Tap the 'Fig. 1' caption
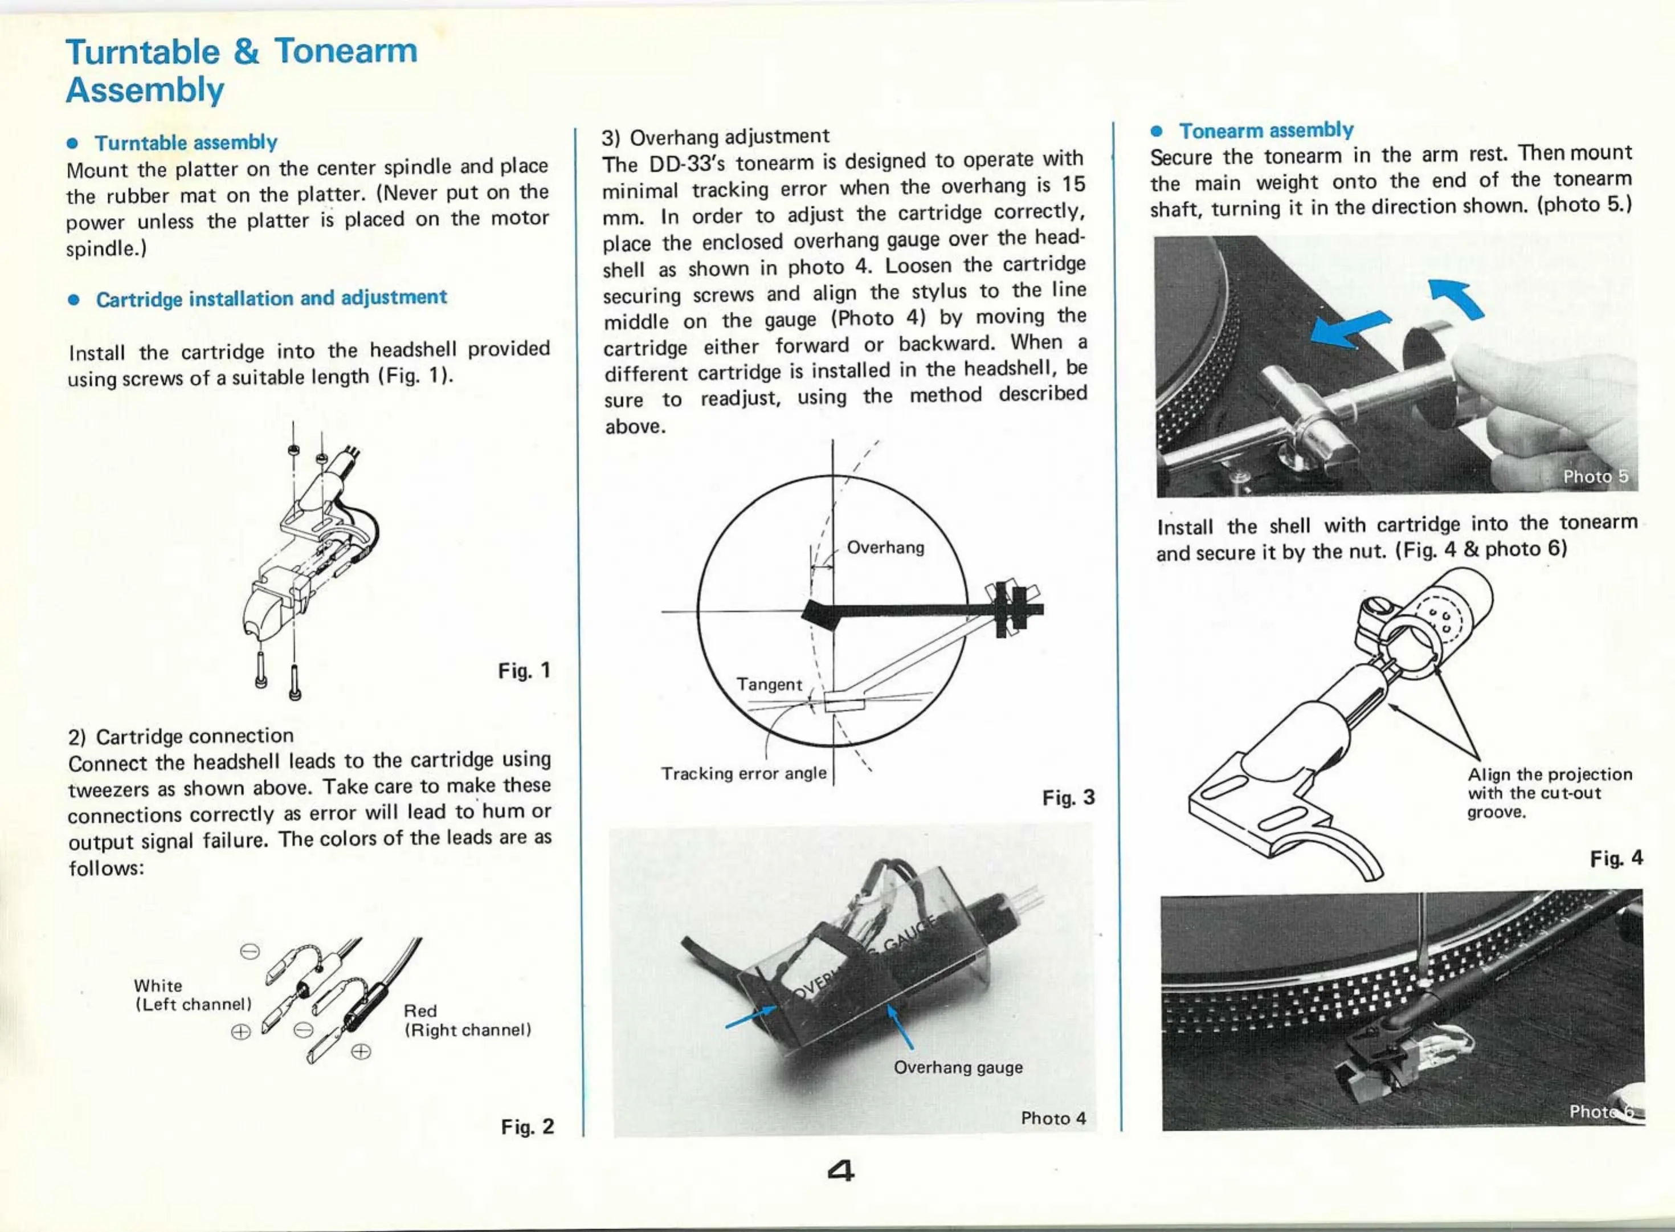tap(524, 671)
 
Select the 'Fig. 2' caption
tap(527, 1126)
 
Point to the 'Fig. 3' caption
tap(1068, 798)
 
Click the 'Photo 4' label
tap(1052, 1118)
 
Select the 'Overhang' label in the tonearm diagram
tap(885, 548)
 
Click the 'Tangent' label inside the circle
tap(769, 684)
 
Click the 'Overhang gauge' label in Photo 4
tap(958, 1067)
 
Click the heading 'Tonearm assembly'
tap(1266, 130)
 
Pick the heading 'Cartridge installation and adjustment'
tap(271, 298)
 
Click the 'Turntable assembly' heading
tap(186, 142)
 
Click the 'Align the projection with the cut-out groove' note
tap(1549, 793)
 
